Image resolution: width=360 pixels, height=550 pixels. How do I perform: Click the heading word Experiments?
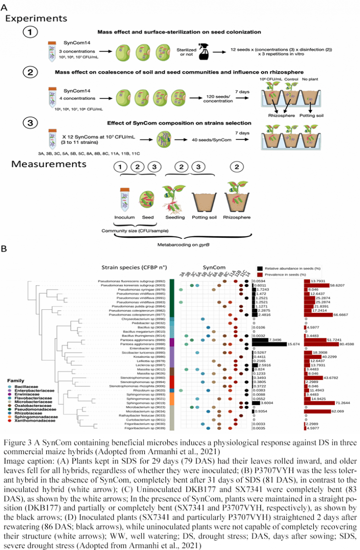point(36,18)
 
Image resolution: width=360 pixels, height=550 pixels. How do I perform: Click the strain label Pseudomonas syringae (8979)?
point(143,290)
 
